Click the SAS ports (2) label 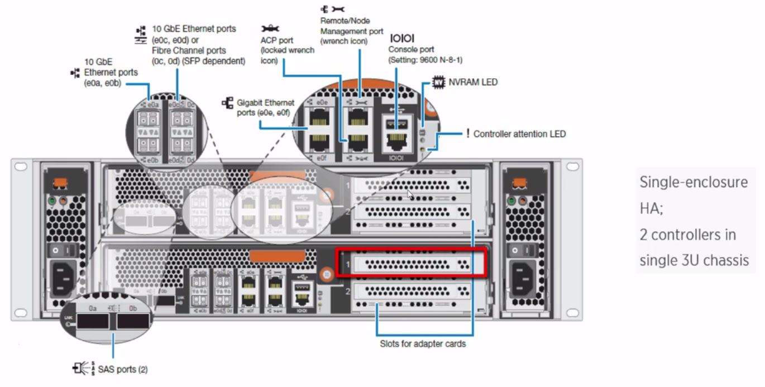point(123,369)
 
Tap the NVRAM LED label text point(473,82)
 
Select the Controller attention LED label point(519,134)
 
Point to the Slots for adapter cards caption point(423,344)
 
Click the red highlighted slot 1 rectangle point(412,262)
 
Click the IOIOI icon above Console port point(402,39)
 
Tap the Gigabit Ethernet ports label point(265,107)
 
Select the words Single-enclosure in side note point(693,183)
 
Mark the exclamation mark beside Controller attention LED point(467,134)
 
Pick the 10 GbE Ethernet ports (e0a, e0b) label point(111,73)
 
